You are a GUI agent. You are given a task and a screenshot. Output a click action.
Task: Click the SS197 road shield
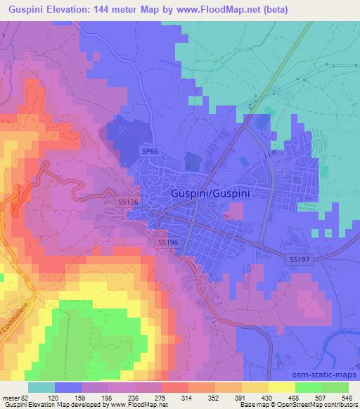click(300, 259)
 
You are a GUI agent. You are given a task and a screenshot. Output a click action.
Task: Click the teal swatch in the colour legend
click(41, 387)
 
